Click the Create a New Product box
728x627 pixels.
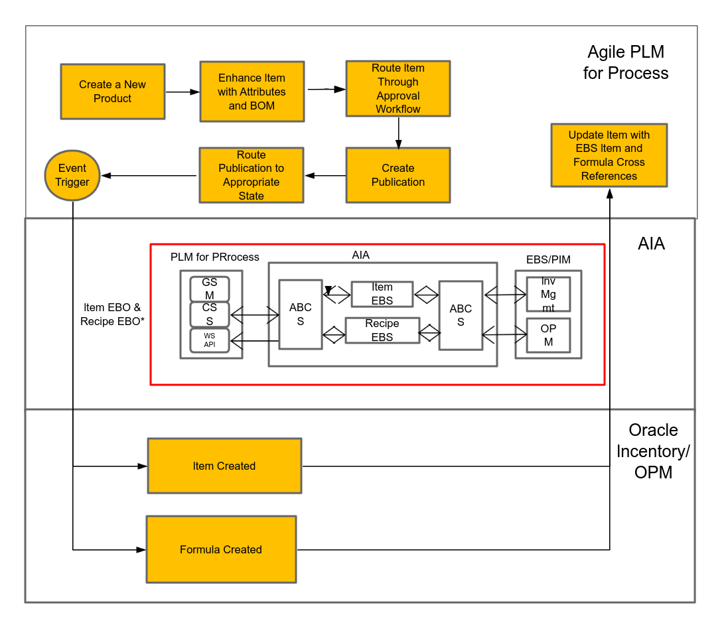tap(112, 92)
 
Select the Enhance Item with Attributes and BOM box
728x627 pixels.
tap(252, 92)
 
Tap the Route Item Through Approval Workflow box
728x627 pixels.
tap(398, 89)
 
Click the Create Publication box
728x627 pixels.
tap(398, 175)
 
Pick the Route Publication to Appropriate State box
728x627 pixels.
tap(251, 175)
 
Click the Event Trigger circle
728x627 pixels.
tap(72, 175)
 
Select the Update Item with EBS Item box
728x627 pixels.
tap(609, 155)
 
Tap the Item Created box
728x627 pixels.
tap(224, 466)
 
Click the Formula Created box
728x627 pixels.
tap(221, 549)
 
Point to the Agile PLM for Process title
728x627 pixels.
tap(625, 62)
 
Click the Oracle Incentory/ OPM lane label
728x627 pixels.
tap(653, 451)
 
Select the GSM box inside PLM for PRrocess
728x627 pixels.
tap(210, 289)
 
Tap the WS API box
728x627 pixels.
tap(210, 340)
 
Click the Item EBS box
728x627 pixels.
tap(382, 294)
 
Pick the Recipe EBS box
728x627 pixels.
tap(382, 330)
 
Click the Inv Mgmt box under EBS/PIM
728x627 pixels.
tap(548, 294)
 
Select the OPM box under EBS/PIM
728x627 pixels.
tap(548, 335)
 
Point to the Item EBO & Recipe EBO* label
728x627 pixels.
tap(112, 314)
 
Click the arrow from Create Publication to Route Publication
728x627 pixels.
tap(325, 176)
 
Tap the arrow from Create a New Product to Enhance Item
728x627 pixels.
tap(182, 92)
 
